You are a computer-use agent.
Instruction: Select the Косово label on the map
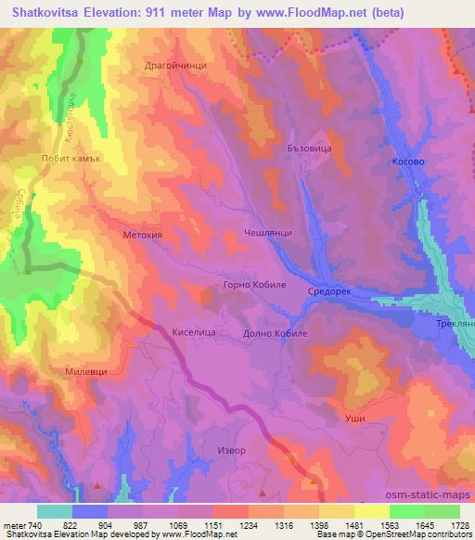pos(408,161)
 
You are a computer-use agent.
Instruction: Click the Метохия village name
pos(142,236)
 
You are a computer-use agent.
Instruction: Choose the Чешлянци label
pos(268,234)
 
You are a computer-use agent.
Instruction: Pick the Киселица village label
pos(194,329)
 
